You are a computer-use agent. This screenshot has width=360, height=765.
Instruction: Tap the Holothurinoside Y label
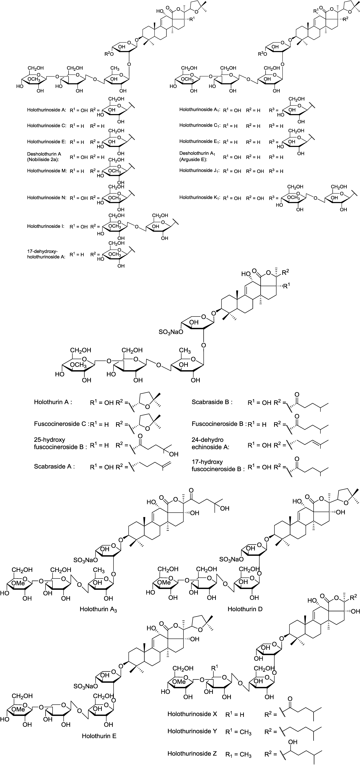pyautogui.click(x=192, y=731)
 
